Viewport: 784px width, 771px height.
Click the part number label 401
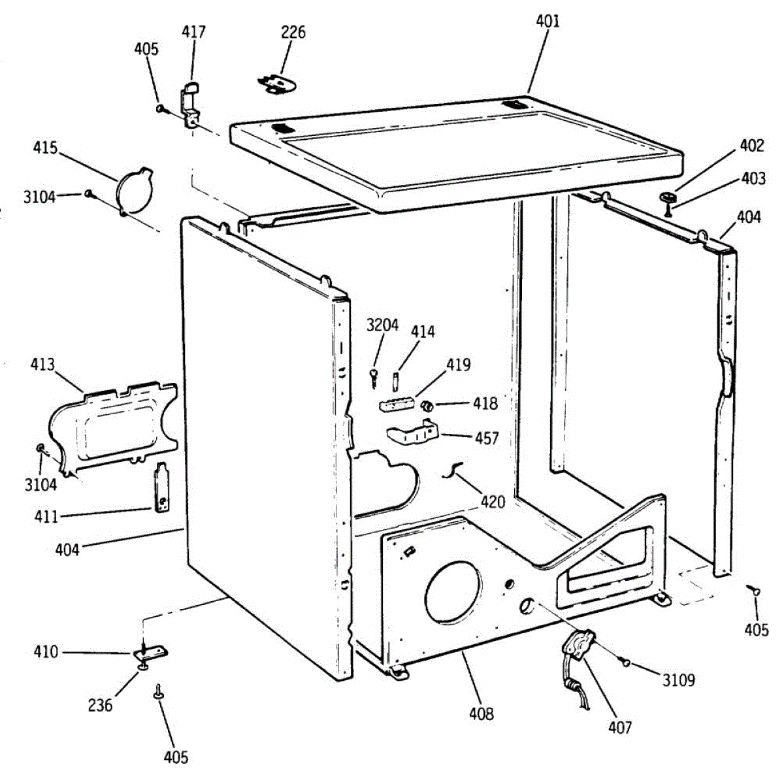(547, 21)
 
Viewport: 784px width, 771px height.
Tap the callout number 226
(293, 32)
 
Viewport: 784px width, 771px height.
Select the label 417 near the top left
(193, 32)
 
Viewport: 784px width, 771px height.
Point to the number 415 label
(45, 148)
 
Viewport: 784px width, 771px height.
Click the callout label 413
(42, 364)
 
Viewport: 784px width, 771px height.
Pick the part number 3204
(382, 325)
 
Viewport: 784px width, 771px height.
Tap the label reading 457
(487, 438)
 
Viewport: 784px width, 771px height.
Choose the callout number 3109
(678, 680)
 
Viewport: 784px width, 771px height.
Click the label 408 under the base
(481, 714)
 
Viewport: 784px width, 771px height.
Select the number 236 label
(100, 705)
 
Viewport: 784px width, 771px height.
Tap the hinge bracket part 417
(190, 105)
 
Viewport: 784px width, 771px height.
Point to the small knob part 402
(667, 197)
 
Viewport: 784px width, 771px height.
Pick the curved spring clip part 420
(452, 469)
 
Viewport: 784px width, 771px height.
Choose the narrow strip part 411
(161, 487)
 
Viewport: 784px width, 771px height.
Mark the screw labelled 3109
(625, 663)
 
